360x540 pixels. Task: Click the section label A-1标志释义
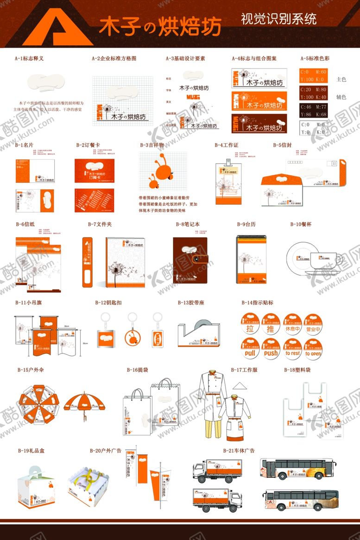click(29, 59)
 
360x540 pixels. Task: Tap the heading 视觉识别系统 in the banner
click(278, 19)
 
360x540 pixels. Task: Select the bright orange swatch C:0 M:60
click(314, 76)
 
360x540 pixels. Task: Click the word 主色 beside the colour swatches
click(341, 80)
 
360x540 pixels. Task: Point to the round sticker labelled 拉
click(250, 325)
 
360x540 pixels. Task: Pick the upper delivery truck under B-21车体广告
click(217, 471)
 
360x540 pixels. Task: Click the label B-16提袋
click(137, 370)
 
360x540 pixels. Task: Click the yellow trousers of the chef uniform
click(211, 422)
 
